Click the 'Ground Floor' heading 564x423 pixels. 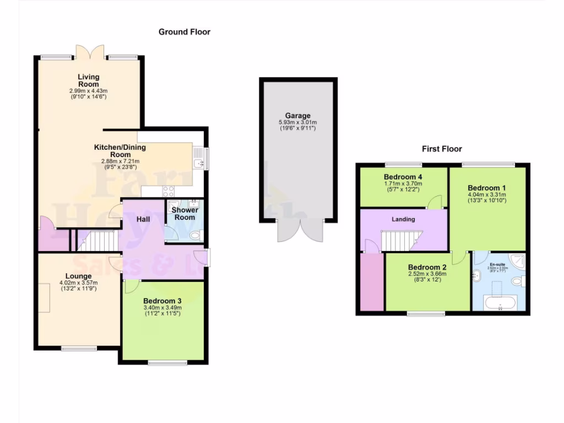click(185, 32)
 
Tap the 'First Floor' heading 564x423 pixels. click(442, 149)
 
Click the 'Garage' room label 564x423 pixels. click(297, 116)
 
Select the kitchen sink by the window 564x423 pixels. click(198, 157)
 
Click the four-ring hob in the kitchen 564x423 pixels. click(169, 192)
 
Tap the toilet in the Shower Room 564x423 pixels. click(193, 235)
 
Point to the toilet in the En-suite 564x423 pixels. click(517, 281)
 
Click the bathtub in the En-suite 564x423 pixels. click(500, 303)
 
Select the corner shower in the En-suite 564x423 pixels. click(516, 261)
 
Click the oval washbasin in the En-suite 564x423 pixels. click(477, 273)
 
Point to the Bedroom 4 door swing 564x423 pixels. click(436, 202)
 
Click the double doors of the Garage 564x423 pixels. click(298, 230)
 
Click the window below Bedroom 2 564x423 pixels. click(426, 314)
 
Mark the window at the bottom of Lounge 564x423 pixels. click(78, 348)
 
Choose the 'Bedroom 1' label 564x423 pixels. click(486, 188)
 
